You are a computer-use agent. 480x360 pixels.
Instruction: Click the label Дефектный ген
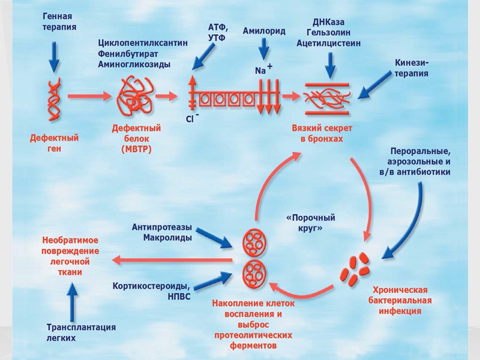(55, 143)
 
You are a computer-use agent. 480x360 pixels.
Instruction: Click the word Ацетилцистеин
(328, 43)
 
